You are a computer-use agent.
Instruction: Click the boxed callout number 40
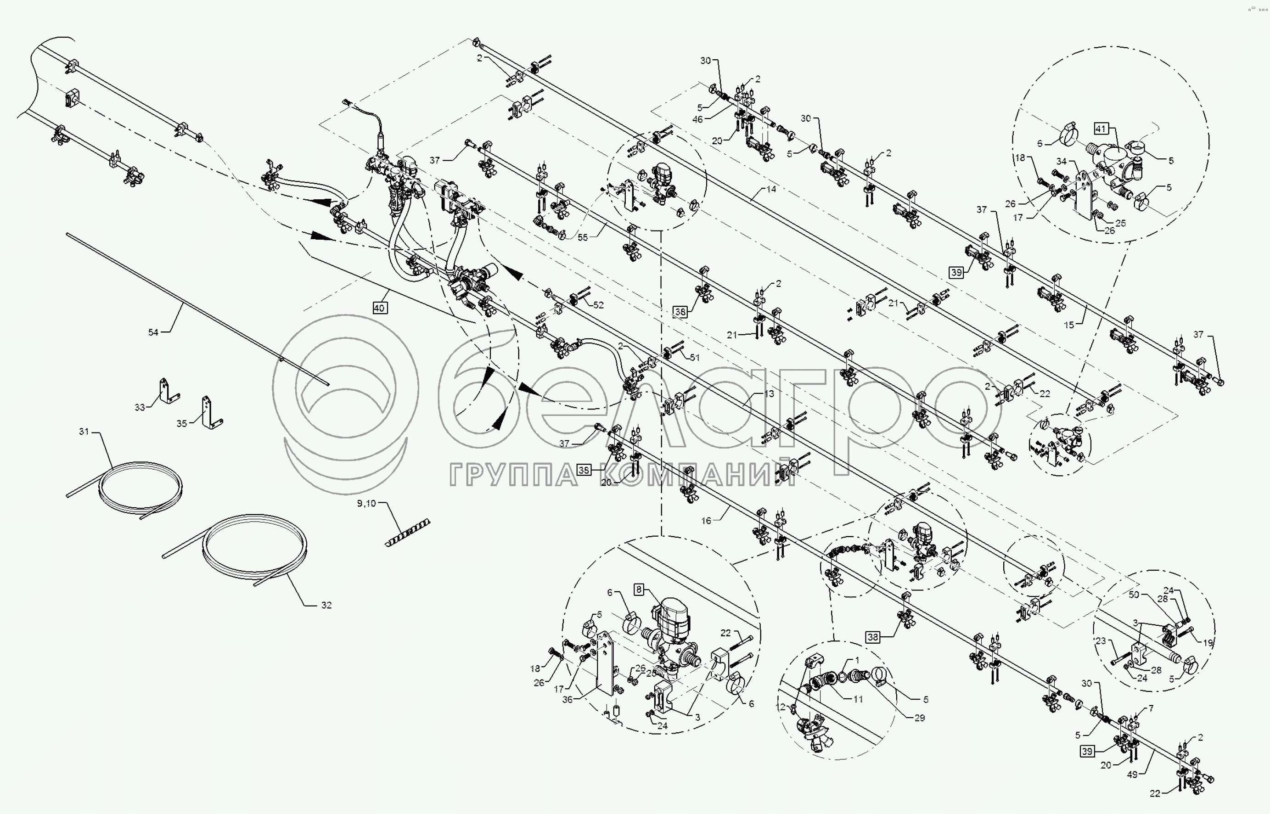click(379, 308)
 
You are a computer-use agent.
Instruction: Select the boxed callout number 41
click(1101, 129)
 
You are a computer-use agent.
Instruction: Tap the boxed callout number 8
click(639, 589)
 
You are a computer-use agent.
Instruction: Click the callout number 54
click(153, 332)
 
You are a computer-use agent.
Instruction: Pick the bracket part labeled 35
click(209, 412)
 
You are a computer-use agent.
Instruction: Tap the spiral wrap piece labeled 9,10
click(407, 533)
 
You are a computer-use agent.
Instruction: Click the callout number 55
click(582, 238)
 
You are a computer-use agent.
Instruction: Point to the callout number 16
click(707, 521)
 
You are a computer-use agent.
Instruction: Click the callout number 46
click(697, 119)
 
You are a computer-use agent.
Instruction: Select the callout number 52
click(598, 305)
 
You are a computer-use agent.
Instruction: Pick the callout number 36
click(568, 699)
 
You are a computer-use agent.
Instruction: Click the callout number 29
click(920, 718)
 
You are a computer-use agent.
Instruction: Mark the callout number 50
click(1134, 595)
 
